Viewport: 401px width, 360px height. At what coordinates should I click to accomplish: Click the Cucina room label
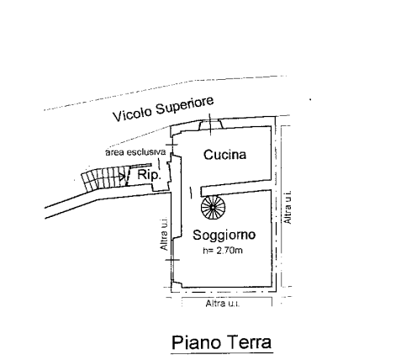(224, 155)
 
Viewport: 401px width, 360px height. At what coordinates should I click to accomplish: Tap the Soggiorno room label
(224, 235)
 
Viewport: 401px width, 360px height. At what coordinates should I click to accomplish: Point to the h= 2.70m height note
(223, 251)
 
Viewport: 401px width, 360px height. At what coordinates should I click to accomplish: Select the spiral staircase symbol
(213, 207)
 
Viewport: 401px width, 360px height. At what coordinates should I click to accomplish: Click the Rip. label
(149, 175)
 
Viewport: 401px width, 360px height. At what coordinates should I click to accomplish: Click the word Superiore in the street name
(185, 105)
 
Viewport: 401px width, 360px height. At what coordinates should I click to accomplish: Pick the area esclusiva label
(135, 152)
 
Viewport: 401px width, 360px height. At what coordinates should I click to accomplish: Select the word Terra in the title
(249, 342)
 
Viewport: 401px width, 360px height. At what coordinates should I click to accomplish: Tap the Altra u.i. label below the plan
(223, 304)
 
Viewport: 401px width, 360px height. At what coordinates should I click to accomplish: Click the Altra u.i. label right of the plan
(288, 208)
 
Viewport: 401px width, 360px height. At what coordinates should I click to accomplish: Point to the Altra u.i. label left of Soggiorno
(164, 234)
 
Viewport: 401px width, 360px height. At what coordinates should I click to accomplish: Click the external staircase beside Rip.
(103, 178)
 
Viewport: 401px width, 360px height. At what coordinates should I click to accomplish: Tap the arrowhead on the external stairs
(122, 177)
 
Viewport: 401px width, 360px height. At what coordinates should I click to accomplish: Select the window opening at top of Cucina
(211, 124)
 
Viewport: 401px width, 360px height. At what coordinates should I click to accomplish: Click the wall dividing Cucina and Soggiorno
(236, 188)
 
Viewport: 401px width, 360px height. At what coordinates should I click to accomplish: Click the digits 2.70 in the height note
(226, 251)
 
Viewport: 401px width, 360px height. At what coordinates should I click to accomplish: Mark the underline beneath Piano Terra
(222, 352)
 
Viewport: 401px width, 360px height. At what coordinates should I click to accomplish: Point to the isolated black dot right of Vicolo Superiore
(310, 99)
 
